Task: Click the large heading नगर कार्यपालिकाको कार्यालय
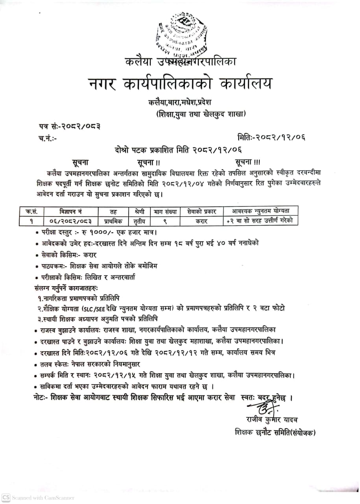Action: point(179,84)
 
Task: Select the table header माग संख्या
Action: point(165,211)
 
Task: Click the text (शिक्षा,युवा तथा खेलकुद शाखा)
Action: point(201,114)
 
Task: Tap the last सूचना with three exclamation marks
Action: point(247,162)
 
